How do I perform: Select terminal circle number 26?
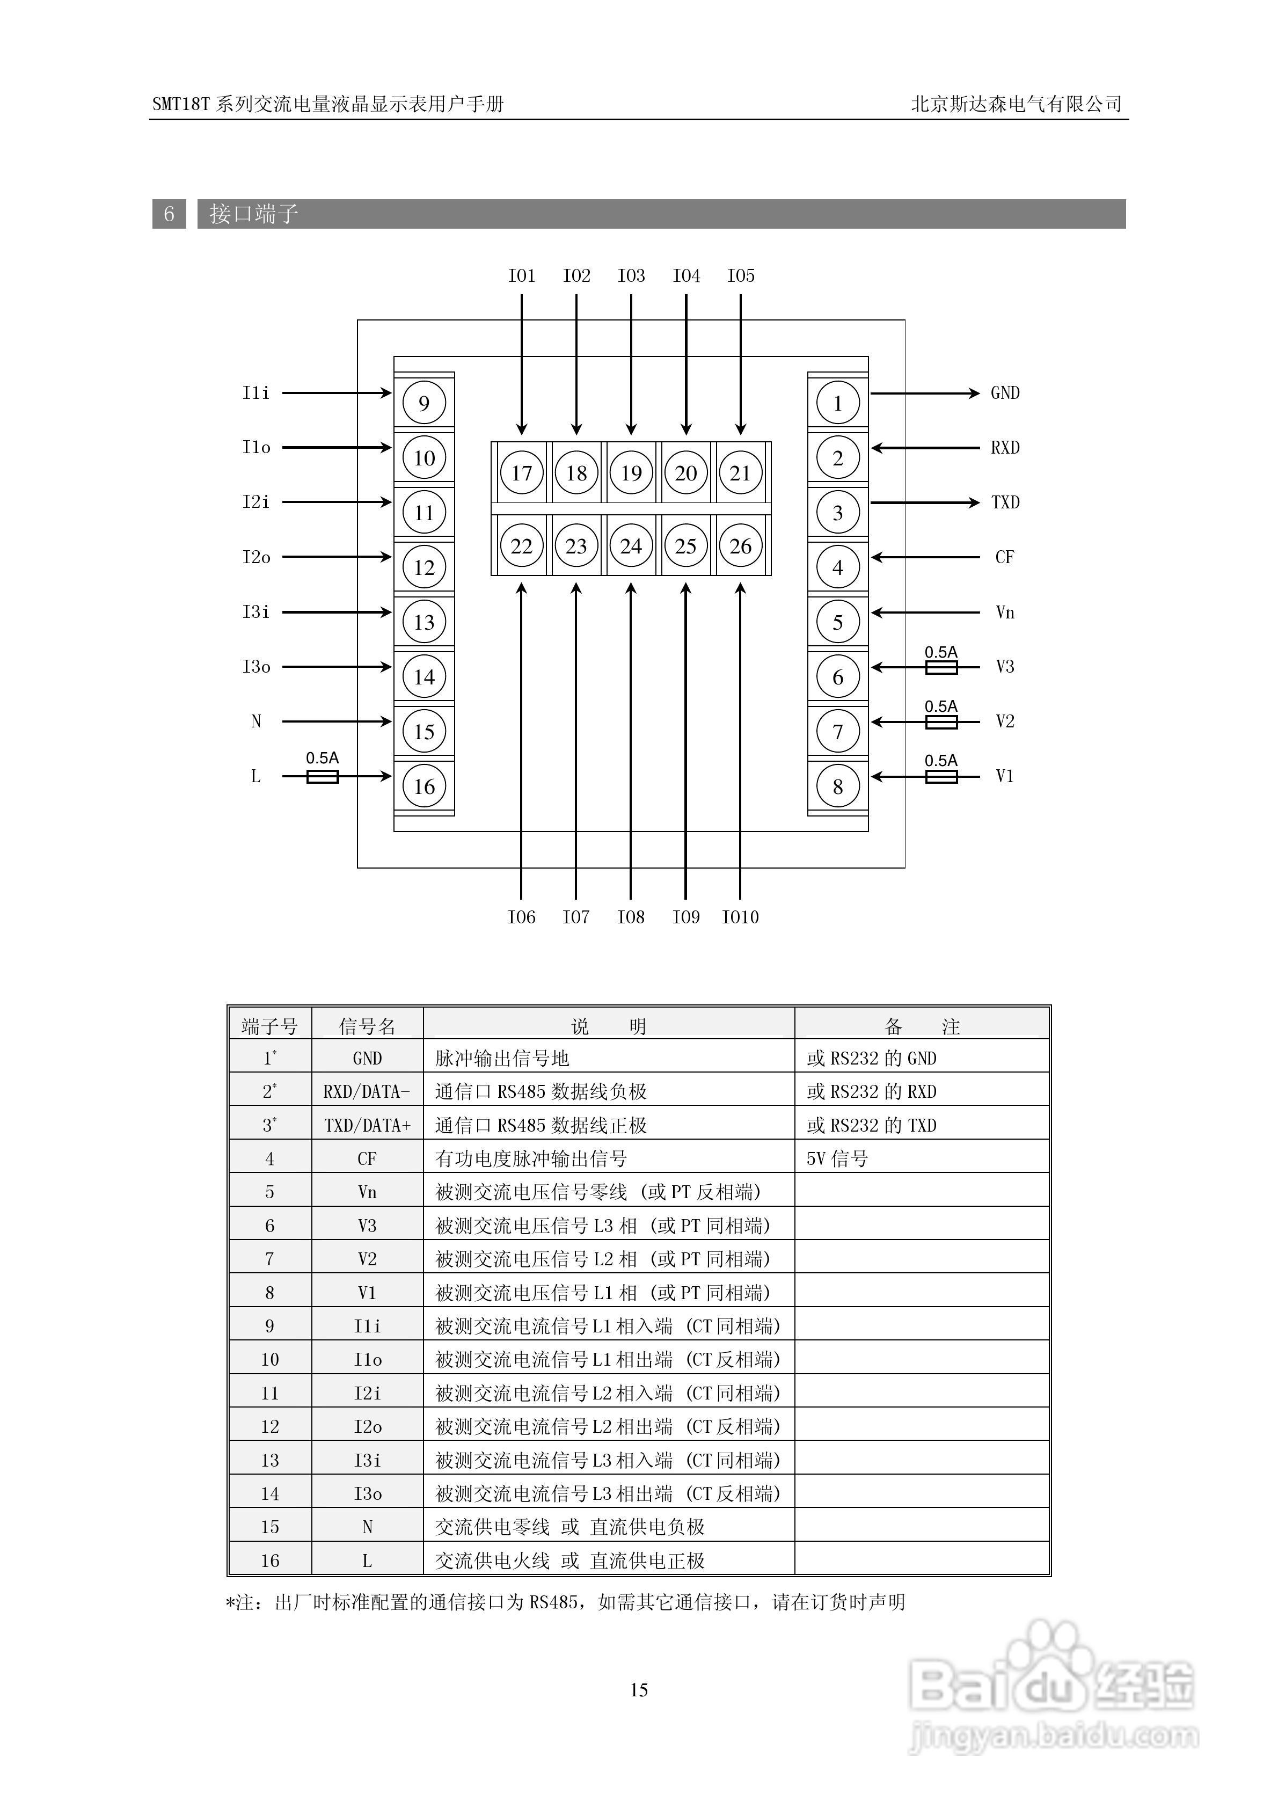(x=740, y=546)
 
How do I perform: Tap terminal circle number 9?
(x=423, y=403)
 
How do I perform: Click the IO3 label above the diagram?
(x=631, y=275)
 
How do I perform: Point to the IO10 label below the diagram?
(x=740, y=916)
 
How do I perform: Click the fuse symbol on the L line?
(x=322, y=776)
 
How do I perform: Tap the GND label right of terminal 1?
(x=1005, y=393)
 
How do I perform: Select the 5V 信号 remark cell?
(x=837, y=1158)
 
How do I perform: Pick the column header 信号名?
(x=367, y=1026)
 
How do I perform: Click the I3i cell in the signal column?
(x=367, y=1461)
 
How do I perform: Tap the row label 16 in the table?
(x=269, y=1561)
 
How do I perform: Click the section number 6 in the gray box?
(x=169, y=214)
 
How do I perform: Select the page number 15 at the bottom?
(x=639, y=1690)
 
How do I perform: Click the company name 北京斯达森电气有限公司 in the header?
(x=1016, y=104)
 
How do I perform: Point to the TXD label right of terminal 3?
(x=1005, y=502)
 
